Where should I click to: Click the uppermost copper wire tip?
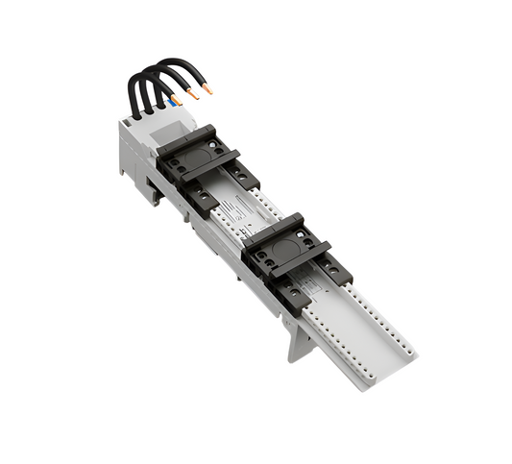click(208, 90)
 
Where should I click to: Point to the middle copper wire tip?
click(193, 96)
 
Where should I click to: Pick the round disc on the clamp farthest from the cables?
click(284, 245)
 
